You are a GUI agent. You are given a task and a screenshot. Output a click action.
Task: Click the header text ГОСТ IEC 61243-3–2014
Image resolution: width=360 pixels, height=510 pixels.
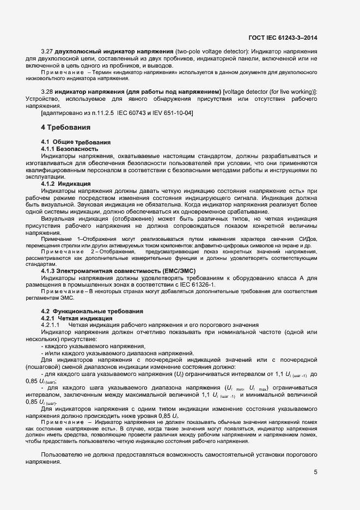point(283,38)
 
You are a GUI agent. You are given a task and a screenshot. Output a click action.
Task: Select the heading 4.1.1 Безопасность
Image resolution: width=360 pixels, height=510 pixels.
point(70,149)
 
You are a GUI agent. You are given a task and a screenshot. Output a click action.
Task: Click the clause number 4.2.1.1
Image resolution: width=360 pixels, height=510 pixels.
point(51,324)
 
